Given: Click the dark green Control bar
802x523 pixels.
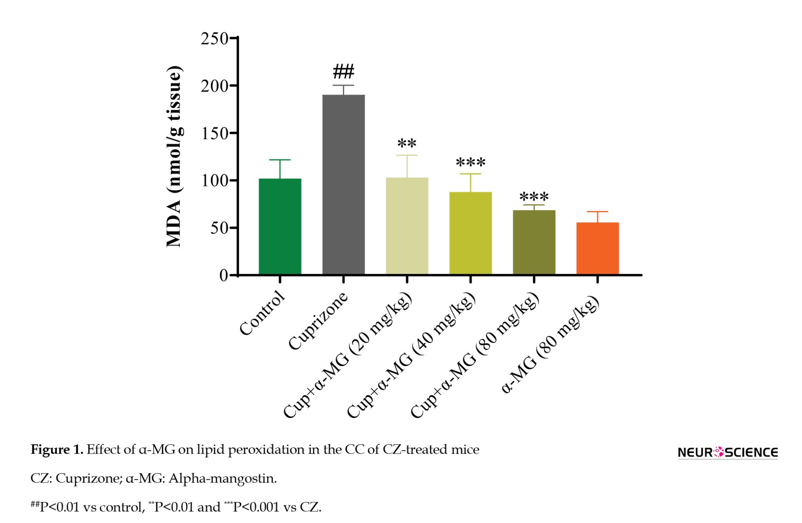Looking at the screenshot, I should (280, 226).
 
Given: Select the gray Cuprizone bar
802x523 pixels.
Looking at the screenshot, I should (343, 185).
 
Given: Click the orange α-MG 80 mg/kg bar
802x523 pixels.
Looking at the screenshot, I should (597, 248).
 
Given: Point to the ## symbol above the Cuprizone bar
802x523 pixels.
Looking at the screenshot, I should (344, 72).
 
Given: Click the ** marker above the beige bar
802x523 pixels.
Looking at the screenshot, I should (407, 144).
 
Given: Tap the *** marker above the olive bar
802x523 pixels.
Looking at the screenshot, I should (534, 197).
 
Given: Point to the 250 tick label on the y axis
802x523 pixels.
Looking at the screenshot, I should (214, 39).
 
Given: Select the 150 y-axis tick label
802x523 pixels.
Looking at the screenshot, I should (214, 134).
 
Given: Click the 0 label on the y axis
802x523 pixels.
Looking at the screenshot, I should (223, 275).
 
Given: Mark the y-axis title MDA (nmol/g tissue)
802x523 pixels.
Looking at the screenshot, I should (174, 157).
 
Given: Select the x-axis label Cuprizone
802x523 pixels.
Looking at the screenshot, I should (318, 321).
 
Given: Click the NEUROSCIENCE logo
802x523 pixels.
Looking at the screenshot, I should (727, 452).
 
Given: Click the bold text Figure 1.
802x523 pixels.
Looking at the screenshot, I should (57, 450).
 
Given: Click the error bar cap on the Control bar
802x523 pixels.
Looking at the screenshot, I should (280, 160).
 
